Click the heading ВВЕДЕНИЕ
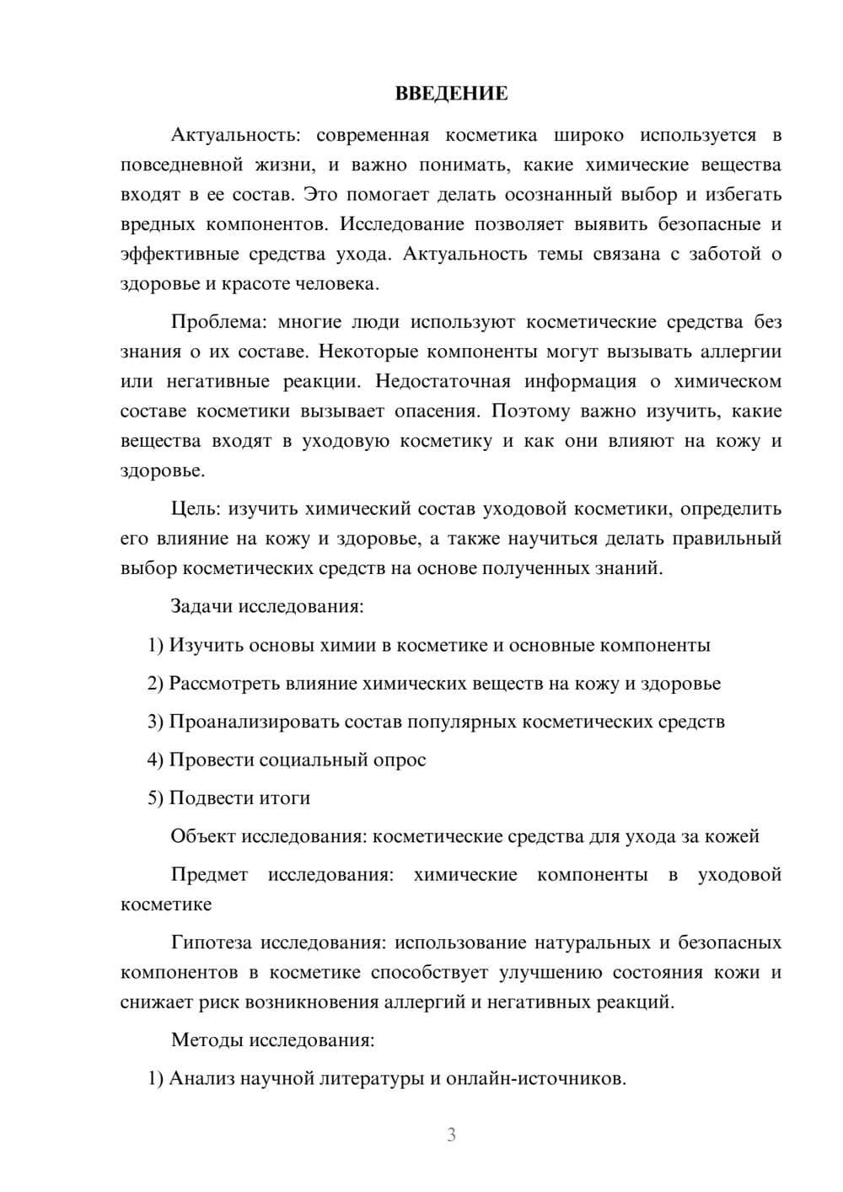click(451, 94)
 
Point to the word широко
click(589, 135)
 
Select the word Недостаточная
click(443, 381)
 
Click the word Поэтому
click(530, 411)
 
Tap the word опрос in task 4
click(398, 760)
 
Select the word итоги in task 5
click(285, 798)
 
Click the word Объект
click(203, 836)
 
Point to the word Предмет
click(209, 875)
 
